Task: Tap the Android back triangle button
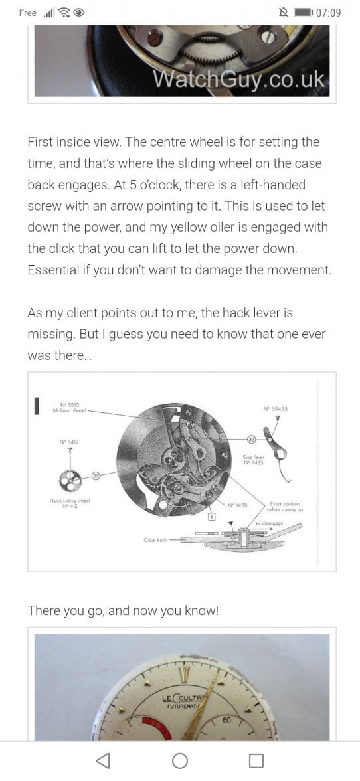point(103,760)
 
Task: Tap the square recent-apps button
point(256,760)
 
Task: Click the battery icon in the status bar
point(303,13)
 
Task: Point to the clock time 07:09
point(329,13)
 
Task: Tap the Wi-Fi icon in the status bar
point(64,13)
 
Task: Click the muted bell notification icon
point(284,13)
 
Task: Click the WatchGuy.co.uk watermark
point(239,80)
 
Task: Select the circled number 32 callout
point(96,476)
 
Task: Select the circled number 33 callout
point(252,440)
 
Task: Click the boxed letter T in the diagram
point(212,516)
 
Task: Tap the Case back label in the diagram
point(155,540)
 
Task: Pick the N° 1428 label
point(237,505)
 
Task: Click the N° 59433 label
point(276,409)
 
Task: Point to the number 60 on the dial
point(226,720)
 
